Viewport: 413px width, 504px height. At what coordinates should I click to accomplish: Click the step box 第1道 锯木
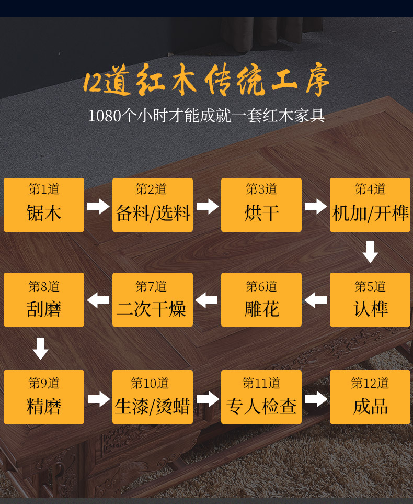pyautogui.click(x=44, y=205)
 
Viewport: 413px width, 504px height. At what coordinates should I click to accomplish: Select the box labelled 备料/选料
pyautogui.click(x=153, y=205)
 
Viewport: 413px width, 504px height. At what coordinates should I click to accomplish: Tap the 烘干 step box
pyautogui.click(x=261, y=205)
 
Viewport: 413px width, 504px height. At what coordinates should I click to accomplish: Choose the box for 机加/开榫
pyautogui.click(x=370, y=205)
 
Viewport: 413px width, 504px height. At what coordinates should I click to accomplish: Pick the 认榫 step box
pyautogui.click(x=370, y=299)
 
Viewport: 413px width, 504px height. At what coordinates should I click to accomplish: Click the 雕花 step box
pyautogui.click(x=261, y=299)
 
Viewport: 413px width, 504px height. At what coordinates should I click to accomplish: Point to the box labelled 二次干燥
pyautogui.click(x=153, y=299)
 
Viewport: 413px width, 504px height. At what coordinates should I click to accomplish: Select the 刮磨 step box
pyautogui.click(x=44, y=299)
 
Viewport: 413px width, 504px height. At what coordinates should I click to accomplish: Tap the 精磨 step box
pyautogui.click(x=44, y=397)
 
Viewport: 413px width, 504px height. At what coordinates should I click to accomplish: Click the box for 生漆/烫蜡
pyautogui.click(x=153, y=397)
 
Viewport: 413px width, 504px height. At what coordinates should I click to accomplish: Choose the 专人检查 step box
pyautogui.click(x=261, y=397)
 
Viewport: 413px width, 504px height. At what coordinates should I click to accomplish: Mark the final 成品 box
pyautogui.click(x=370, y=397)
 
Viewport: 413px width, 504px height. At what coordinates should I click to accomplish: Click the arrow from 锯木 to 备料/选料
pyautogui.click(x=98, y=206)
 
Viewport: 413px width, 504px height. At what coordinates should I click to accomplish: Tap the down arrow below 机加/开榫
pyautogui.click(x=370, y=252)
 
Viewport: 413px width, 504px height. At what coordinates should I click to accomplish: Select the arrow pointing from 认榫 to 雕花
pyautogui.click(x=316, y=300)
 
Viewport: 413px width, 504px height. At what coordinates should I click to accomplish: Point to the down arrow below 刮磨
pyautogui.click(x=41, y=349)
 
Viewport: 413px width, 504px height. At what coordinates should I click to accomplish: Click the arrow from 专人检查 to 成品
pyautogui.click(x=316, y=399)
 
